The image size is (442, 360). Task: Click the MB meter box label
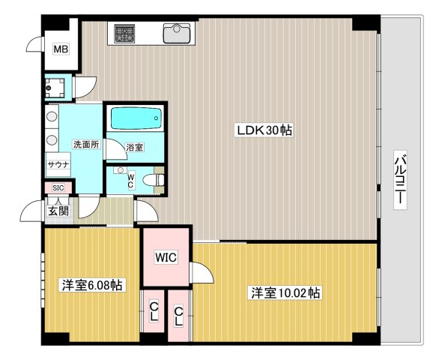pos(61,49)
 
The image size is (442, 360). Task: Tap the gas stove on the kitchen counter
pos(124,34)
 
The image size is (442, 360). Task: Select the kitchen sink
pos(177,33)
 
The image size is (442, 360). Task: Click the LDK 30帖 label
pos(264,130)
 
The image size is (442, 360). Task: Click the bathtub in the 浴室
pos(136,118)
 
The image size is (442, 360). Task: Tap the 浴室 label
pos(134,147)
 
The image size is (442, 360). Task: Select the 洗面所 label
pos(86,145)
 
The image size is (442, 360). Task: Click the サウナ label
pos(58,164)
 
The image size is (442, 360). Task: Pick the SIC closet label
pos(58,187)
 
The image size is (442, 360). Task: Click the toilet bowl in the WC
pos(153,180)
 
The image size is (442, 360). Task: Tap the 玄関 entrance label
pos(58,211)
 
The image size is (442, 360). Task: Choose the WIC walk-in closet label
pos(166,257)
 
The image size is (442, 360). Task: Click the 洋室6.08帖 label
pos(92,285)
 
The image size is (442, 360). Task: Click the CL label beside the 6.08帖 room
pos(154,311)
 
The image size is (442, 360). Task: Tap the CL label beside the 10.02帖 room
pos(178,316)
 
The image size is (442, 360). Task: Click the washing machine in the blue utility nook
pos(55,88)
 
